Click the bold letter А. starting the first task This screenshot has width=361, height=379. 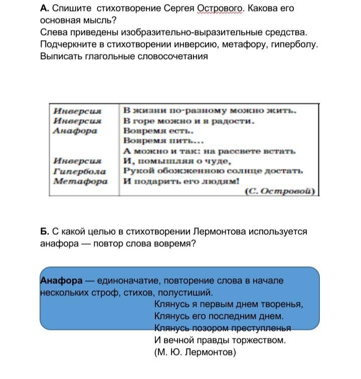click(x=44, y=9)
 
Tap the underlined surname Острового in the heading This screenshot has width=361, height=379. click(x=220, y=9)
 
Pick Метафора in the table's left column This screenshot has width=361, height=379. click(x=80, y=181)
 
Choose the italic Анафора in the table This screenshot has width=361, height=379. click(x=75, y=131)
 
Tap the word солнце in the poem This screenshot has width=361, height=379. click(x=249, y=171)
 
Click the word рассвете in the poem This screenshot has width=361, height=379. click(x=241, y=151)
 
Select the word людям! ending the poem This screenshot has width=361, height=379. click(x=220, y=181)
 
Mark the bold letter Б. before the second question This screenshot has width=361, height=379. click(x=44, y=232)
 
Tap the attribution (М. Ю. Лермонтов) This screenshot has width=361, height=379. click(x=195, y=352)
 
